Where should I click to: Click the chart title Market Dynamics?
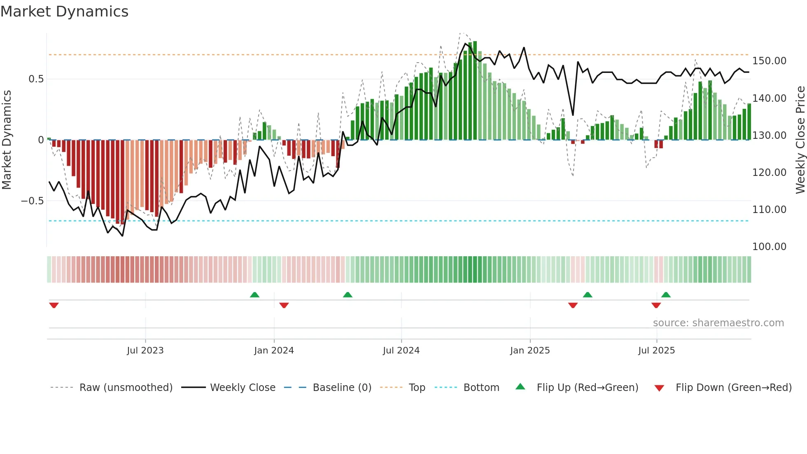point(64,12)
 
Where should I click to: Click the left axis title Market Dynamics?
point(7,140)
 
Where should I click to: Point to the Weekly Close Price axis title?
point(800,140)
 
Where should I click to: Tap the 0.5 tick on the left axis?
point(36,79)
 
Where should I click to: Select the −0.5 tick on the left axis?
point(33,201)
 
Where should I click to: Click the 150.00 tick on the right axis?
point(769,61)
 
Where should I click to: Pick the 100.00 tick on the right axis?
point(769,246)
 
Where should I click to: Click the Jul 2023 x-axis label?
point(145,350)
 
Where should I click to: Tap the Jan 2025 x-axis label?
point(529,350)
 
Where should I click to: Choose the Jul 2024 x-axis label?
point(401,350)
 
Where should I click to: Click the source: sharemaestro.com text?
point(718,323)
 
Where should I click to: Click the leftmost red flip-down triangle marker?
point(54,305)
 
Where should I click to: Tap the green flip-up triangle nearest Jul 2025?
point(666,295)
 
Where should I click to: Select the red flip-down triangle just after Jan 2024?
point(284,305)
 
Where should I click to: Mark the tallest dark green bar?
point(475,91)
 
